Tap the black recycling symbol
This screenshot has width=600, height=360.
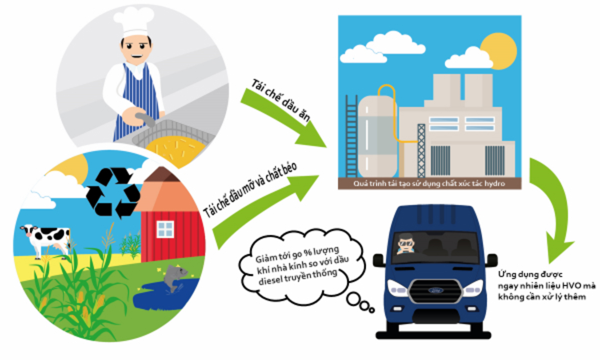113,193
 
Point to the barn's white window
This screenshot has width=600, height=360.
165,230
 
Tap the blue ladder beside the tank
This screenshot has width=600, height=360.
351,137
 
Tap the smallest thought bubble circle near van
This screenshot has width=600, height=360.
372,310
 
